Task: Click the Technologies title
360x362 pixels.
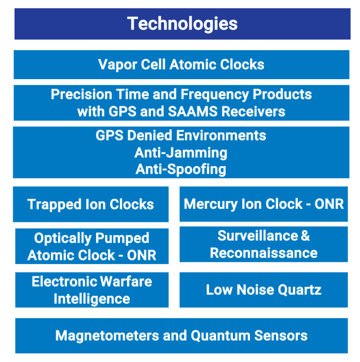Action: pos(182,23)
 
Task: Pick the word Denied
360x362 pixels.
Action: pos(144,135)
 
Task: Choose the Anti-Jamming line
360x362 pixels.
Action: pos(181,152)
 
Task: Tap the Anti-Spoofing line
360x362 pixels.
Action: pos(181,169)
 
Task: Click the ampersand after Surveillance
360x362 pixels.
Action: pos(305,236)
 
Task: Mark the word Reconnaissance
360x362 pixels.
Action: pos(263,253)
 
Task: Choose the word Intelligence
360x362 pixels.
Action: pos(91,299)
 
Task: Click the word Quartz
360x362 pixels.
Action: pos(300,289)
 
